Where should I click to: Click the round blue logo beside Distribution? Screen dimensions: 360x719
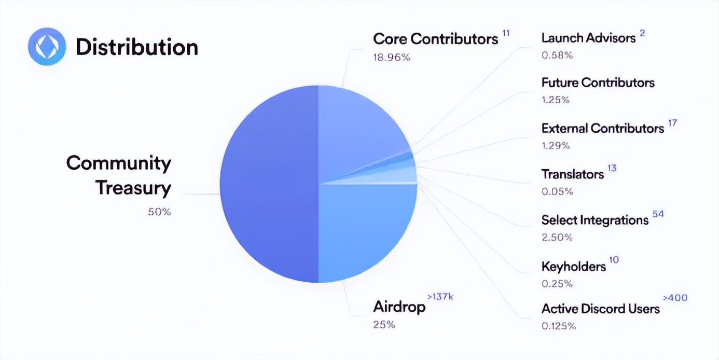[x=47, y=47]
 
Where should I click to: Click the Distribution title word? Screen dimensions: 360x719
[x=137, y=47]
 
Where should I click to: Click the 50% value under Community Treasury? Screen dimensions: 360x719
[x=159, y=212]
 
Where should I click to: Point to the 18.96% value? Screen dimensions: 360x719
[x=392, y=58]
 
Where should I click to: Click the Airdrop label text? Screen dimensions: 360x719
[x=399, y=307]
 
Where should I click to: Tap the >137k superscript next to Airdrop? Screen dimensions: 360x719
[x=440, y=297]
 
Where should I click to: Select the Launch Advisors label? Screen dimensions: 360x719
[x=588, y=38]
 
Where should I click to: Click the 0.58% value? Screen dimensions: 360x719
[x=557, y=55]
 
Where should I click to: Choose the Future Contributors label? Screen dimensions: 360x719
[x=598, y=82]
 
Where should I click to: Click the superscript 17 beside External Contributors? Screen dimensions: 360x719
[x=673, y=123]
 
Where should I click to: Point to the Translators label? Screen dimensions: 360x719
[x=572, y=174]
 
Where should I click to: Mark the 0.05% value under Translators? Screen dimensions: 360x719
[x=557, y=191]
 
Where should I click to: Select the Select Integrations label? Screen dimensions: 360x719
[x=594, y=220]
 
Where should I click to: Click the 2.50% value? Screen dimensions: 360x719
[x=557, y=238]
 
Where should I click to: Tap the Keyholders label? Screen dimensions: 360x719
[x=573, y=266]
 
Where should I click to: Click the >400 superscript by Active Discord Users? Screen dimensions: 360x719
[x=675, y=298]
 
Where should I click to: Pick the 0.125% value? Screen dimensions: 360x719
[x=559, y=326]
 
